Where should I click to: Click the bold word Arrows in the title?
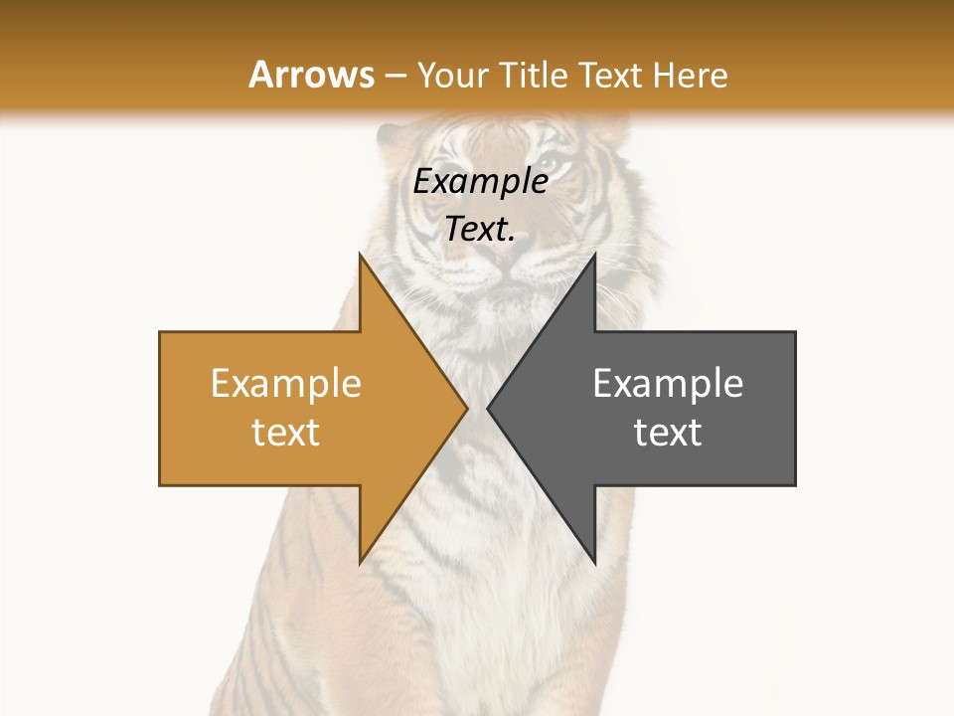click(311, 76)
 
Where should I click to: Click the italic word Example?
click(480, 182)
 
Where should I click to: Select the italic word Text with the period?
click(480, 230)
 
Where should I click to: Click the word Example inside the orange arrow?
click(286, 384)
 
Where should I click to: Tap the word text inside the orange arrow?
click(286, 433)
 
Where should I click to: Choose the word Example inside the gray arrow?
click(668, 384)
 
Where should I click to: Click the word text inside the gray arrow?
click(668, 433)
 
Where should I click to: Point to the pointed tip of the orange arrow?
click(467, 408)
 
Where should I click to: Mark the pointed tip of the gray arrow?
click(488, 408)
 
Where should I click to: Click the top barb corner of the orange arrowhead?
click(360, 254)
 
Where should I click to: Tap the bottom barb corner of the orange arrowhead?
click(360, 563)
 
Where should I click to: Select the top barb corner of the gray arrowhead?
click(594, 254)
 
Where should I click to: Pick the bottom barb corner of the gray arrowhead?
click(594, 563)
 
